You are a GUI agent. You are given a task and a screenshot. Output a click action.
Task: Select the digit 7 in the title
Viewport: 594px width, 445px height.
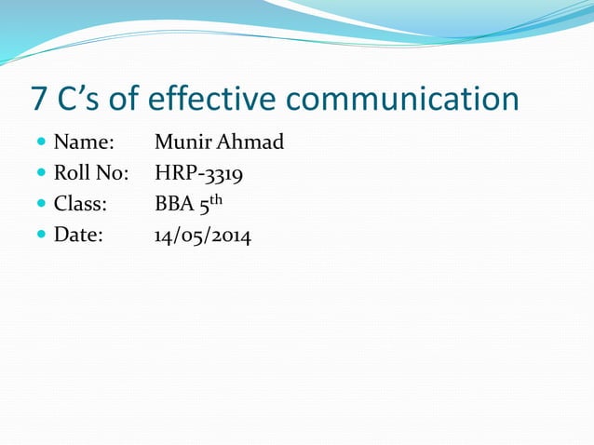pos(39,99)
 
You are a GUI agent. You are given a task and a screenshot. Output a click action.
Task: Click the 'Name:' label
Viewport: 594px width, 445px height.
pos(84,143)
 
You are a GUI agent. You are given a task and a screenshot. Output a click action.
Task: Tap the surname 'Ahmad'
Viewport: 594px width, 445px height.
pos(249,143)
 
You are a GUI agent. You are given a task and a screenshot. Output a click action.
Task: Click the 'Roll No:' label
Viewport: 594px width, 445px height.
pos(91,173)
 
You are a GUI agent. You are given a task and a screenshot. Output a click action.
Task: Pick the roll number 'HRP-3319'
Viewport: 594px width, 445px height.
pos(199,174)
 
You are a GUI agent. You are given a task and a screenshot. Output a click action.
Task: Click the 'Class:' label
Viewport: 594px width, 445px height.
pos(81,205)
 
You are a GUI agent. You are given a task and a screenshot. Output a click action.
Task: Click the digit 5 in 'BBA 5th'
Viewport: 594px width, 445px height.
pos(201,206)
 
